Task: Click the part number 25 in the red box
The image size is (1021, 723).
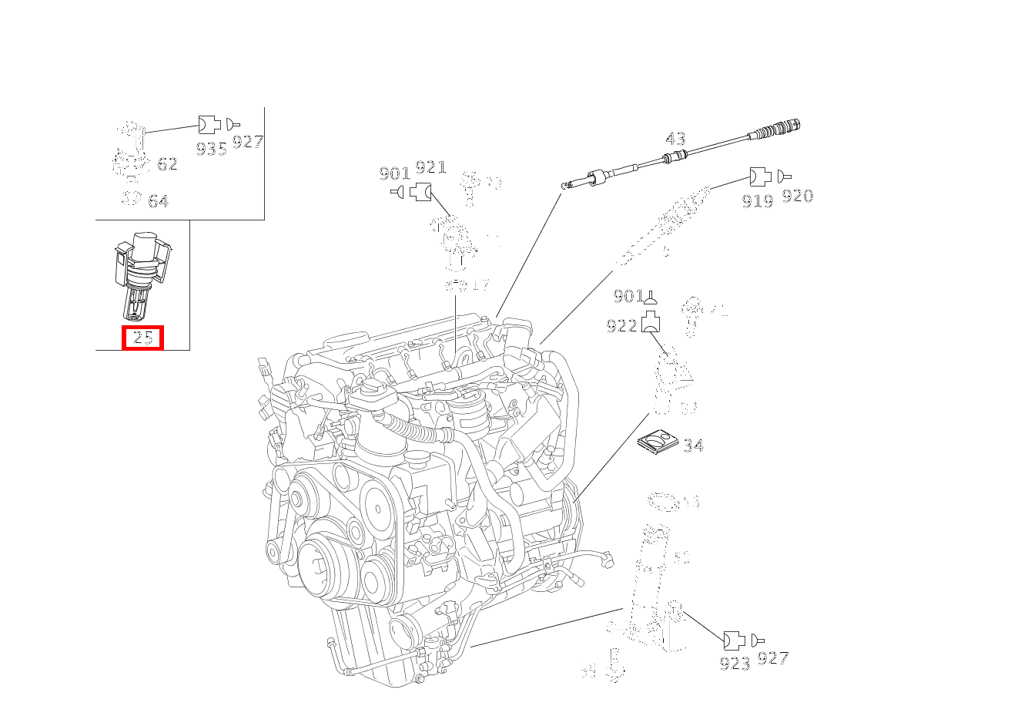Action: pyautogui.click(x=142, y=338)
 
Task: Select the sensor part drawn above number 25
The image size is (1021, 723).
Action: pyautogui.click(x=142, y=274)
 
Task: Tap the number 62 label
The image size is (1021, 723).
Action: pyautogui.click(x=167, y=164)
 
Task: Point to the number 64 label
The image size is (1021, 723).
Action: pyautogui.click(x=158, y=201)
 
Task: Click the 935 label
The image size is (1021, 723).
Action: pyautogui.click(x=211, y=149)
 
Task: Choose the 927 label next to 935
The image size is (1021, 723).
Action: pyautogui.click(x=248, y=142)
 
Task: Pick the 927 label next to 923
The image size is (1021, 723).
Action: pyautogui.click(x=773, y=657)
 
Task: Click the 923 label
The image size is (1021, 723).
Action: pyautogui.click(x=735, y=664)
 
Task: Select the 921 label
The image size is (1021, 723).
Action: pyautogui.click(x=430, y=168)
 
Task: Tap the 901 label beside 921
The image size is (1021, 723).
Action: pyautogui.click(x=394, y=174)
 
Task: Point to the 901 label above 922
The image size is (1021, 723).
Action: pyautogui.click(x=628, y=296)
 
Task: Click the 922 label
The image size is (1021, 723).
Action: pyautogui.click(x=622, y=326)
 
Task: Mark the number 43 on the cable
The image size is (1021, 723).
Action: pyautogui.click(x=675, y=139)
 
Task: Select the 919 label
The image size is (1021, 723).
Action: pyautogui.click(x=758, y=201)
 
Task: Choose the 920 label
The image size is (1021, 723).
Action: pyautogui.click(x=798, y=196)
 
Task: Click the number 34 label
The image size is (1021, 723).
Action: pyautogui.click(x=693, y=446)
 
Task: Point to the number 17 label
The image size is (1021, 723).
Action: pyautogui.click(x=480, y=285)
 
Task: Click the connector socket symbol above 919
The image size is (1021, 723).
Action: pyautogui.click(x=759, y=177)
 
